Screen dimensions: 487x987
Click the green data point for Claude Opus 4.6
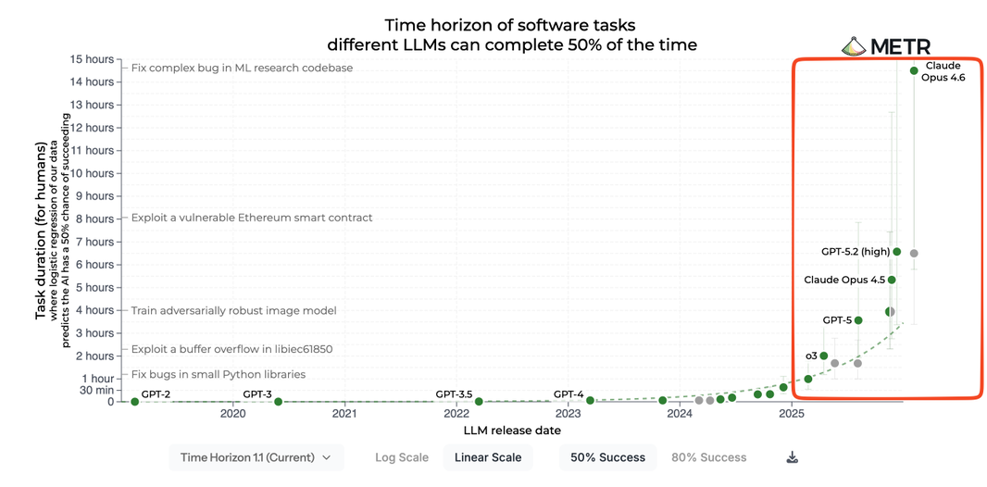click(914, 70)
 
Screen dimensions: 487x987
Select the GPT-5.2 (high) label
click(855, 251)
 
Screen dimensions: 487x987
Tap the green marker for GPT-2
click(135, 401)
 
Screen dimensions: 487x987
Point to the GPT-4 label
click(568, 393)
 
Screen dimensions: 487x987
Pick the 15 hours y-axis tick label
click(92, 59)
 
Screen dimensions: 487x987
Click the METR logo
click(886, 46)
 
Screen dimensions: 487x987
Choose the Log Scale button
click(402, 457)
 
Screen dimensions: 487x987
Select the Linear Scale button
click(488, 457)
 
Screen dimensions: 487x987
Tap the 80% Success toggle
click(709, 457)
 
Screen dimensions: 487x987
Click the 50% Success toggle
click(607, 457)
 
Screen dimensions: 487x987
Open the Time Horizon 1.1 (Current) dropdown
click(256, 457)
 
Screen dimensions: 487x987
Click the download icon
click(793, 457)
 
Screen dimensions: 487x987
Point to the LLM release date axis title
click(512, 431)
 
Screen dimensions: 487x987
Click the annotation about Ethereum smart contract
click(252, 219)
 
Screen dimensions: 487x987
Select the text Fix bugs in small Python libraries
click(219, 375)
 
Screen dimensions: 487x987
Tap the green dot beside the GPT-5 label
click(858, 320)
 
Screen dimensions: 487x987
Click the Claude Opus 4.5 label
click(844, 280)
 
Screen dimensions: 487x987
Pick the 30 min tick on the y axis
click(96, 390)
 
